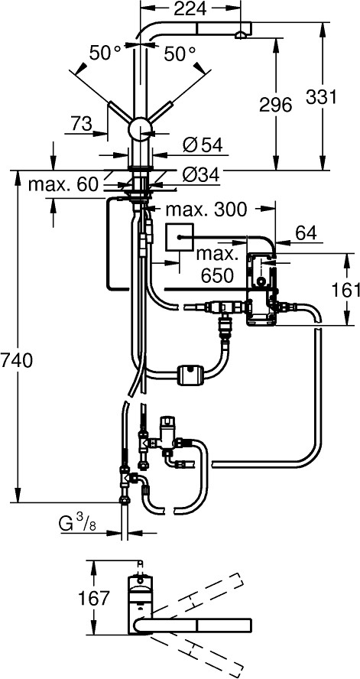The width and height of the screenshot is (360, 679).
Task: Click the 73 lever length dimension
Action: [82, 123]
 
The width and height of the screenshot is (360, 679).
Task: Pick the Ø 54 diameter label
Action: [202, 145]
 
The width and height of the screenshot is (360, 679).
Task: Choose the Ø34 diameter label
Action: [201, 174]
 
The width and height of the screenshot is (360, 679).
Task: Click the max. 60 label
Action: [64, 184]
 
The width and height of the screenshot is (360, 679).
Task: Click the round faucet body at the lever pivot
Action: [141, 129]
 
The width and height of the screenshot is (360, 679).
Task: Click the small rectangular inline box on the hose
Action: [190, 374]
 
